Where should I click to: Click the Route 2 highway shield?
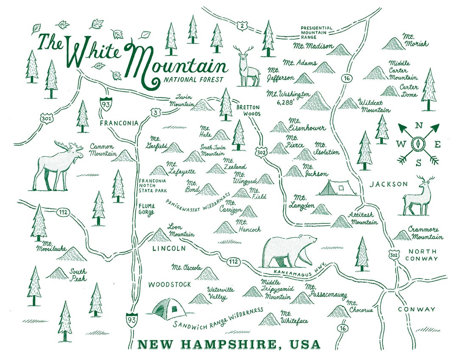pyautogui.click(x=242, y=26)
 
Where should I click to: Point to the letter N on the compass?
pyautogui.click(x=419, y=126)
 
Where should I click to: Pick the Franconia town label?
pyautogui.click(x=119, y=123)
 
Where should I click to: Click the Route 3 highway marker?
pyautogui.click(x=156, y=112)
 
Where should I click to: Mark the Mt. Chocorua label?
pyautogui.click(x=359, y=307)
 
